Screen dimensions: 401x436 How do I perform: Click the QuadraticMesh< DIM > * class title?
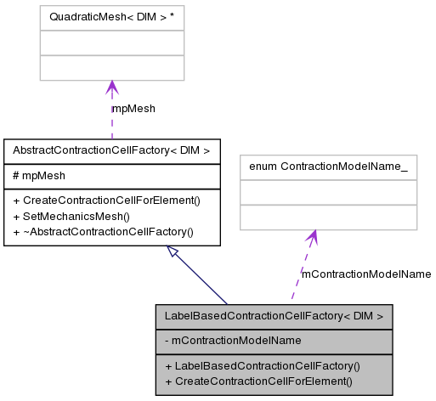(x=111, y=15)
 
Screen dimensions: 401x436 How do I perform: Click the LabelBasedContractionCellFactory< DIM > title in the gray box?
(x=274, y=316)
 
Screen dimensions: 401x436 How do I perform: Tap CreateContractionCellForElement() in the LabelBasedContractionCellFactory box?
(x=258, y=381)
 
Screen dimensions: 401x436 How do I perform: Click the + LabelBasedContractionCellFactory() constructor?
(x=263, y=366)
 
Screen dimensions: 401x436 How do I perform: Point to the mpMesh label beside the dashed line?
(x=133, y=109)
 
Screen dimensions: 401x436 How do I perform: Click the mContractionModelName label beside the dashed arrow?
(x=366, y=274)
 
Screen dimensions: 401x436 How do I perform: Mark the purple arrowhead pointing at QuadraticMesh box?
(x=111, y=88)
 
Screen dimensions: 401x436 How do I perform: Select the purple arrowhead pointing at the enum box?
(x=312, y=237)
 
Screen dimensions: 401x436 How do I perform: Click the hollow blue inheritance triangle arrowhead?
(x=173, y=252)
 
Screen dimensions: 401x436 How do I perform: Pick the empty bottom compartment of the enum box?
(x=328, y=218)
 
